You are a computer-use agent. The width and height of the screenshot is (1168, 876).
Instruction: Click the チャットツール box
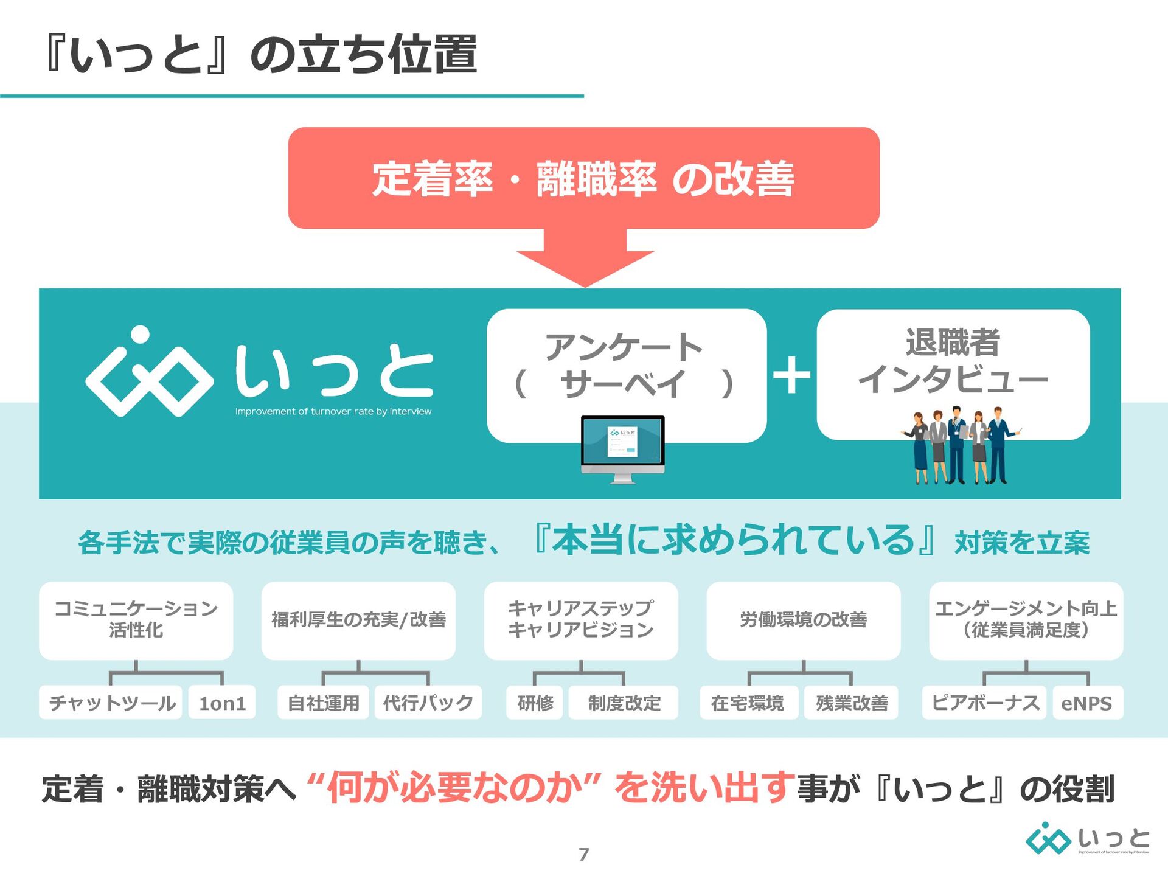111,703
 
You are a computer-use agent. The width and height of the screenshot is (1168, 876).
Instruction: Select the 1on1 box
222,703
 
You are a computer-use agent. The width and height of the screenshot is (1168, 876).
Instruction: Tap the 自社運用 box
323,703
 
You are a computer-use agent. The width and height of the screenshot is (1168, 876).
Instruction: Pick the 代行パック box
428,703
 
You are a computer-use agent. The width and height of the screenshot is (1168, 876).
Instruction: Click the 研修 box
535,703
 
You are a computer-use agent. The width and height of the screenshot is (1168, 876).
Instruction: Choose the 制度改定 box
624,703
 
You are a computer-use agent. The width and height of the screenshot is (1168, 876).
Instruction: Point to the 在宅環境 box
748,703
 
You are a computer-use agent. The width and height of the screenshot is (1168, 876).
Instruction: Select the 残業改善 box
851,703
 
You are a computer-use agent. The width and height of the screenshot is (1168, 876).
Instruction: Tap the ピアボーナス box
984,703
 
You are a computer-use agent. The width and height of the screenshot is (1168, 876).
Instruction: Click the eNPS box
1087,703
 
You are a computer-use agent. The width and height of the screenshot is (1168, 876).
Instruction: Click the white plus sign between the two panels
791,375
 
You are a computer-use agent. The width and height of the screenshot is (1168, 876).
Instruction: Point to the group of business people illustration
959,447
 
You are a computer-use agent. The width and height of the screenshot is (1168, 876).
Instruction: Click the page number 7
584,854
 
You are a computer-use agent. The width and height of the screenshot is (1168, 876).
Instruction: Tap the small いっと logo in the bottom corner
1087,840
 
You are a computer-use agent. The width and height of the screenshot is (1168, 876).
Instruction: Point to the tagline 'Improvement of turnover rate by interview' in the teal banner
333,412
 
